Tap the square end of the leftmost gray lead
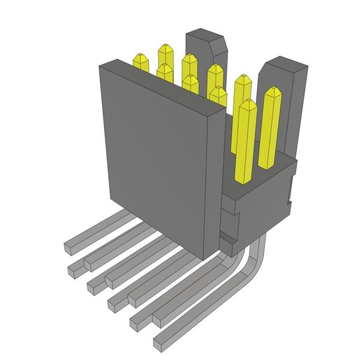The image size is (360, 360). click(x=69, y=246)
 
